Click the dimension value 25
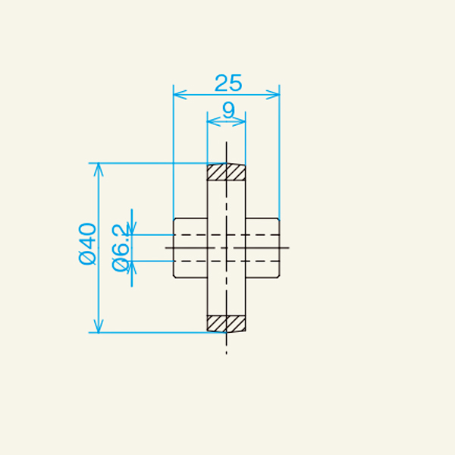(226, 81)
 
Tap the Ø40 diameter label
(87, 243)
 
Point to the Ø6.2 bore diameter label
(119, 247)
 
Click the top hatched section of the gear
(227, 172)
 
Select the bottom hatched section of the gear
(227, 324)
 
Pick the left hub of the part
(191, 248)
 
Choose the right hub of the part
(262, 248)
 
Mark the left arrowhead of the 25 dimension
(179, 94)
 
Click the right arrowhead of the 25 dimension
(275, 94)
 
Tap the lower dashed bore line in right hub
(262, 261)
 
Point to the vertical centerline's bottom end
(226, 353)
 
